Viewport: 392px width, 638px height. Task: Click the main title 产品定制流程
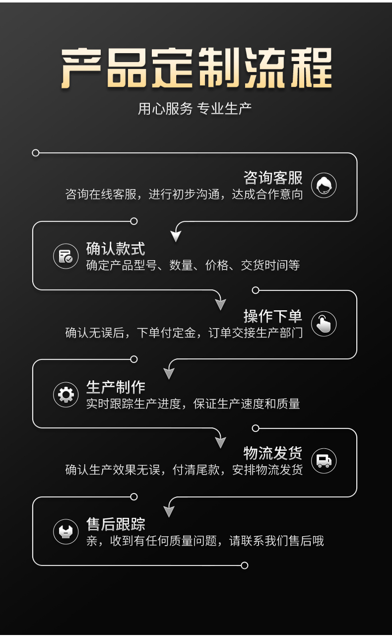[x=196, y=69]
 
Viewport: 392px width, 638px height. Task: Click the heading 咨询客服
[x=272, y=177]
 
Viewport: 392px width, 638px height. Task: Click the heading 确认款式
[x=115, y=248]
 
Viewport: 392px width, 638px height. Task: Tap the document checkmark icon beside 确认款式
[x=66, y=257]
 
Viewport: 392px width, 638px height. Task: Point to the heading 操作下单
[x=272, y=316]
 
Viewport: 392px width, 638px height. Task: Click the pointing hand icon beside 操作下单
[x=324, y=324]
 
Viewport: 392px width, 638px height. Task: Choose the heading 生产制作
[x=115, y=387]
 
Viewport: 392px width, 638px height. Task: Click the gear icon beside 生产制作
[x=66, y=395]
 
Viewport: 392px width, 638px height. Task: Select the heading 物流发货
[x=272, y=453]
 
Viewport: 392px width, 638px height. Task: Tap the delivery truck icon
[x=324, y=461]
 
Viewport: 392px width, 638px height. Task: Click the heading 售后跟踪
[x=115, y=524]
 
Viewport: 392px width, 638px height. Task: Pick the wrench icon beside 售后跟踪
[x=66, y=532]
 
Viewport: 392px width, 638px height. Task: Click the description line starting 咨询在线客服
[x=184, y=194]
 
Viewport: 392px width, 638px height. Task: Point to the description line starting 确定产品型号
[x=193, y=265]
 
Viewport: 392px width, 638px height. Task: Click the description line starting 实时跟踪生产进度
[x=193, y=404]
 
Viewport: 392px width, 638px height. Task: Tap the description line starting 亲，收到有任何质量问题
[x=204, y=541]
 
